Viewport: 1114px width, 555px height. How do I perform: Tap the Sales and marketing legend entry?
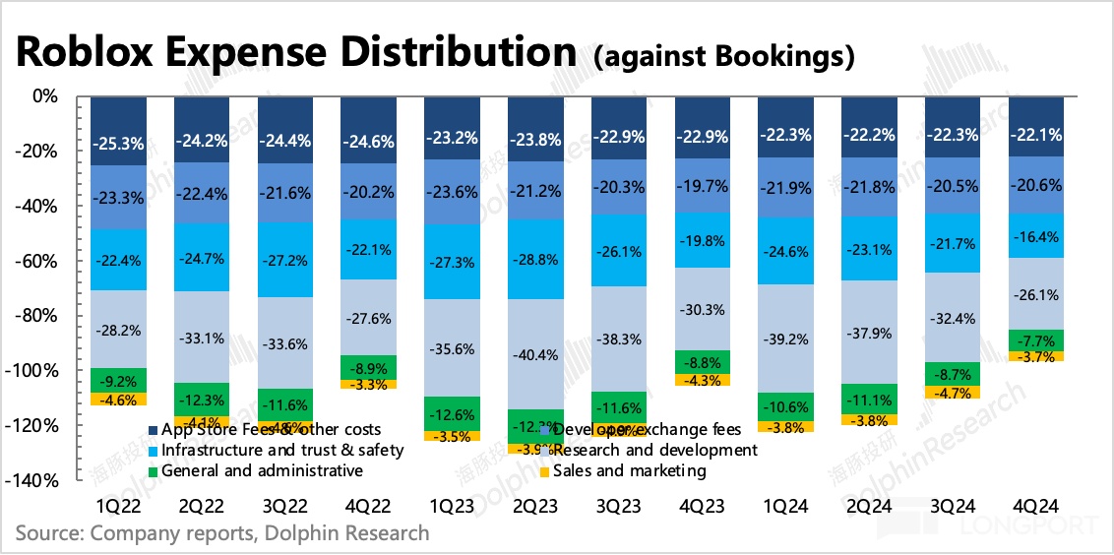[621, 471]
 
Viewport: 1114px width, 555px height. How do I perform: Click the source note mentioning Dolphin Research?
[222, 533]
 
